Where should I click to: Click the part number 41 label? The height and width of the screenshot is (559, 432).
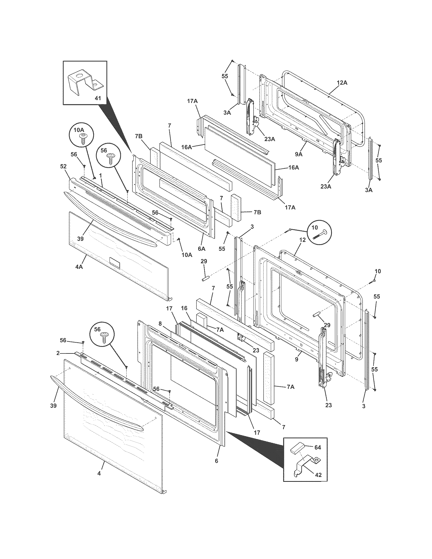(x=98, y=98)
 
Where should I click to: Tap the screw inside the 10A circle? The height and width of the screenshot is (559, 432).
(x=83, y=139)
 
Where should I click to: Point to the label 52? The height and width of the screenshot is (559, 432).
(x=63, y=166)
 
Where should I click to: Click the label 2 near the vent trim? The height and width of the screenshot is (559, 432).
(x=58, y=353)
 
